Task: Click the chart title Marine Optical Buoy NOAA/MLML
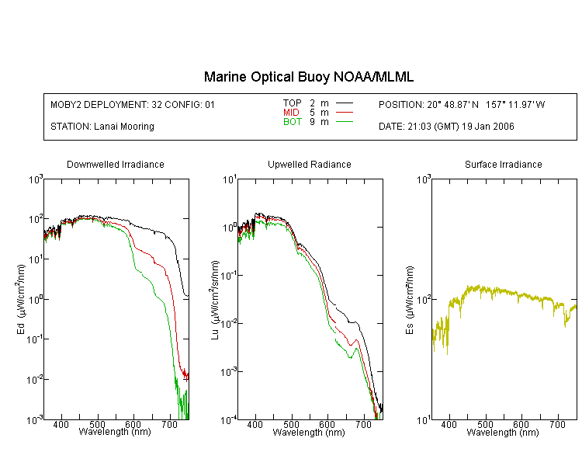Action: point(309,77)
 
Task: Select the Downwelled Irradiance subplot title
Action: point(116,165)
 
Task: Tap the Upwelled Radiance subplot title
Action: point(309,165)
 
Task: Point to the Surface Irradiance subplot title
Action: point(504,165)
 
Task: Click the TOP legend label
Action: point(292,103)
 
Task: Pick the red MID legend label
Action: point(292,113)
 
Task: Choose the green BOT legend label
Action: point(292,122)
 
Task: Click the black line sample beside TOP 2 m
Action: point(345,103)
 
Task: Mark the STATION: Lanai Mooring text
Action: point(102,127)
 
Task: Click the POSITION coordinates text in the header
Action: point(462,104)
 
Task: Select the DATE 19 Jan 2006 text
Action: point(446,127)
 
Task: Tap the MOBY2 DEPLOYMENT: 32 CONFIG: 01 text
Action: point(133,104)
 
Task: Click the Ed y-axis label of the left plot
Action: point(21,299)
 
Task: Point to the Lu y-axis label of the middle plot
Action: point(215,299)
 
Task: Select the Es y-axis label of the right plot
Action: point(409,299)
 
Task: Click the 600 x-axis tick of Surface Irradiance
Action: point(521,426)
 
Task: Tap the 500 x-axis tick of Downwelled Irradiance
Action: point(98,426)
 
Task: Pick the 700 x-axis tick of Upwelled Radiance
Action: point(364,426)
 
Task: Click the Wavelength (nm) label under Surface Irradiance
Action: point(503,433)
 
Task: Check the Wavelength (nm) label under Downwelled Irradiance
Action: point(115,433)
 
